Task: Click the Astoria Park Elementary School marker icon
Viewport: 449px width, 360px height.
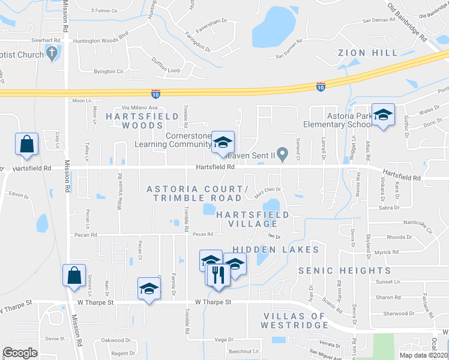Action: (x=382, y=113)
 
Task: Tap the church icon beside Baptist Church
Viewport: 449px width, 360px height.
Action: (x=52, y=53)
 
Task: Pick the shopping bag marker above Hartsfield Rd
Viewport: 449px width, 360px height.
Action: (x=27, y=144)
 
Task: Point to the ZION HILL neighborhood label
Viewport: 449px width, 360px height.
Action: (x=367, y=53)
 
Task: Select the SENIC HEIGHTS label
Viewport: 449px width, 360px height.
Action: (x=345, y=271)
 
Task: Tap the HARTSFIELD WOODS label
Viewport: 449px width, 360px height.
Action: (x=135, y=120)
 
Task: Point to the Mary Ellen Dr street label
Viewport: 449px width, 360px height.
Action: (x=268, y=191)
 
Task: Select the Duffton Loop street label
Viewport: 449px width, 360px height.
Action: (x=166, y=71)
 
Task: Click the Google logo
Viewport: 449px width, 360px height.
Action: (x=20, y=353)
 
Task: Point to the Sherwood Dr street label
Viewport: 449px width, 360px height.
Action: (x=400, y=313)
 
